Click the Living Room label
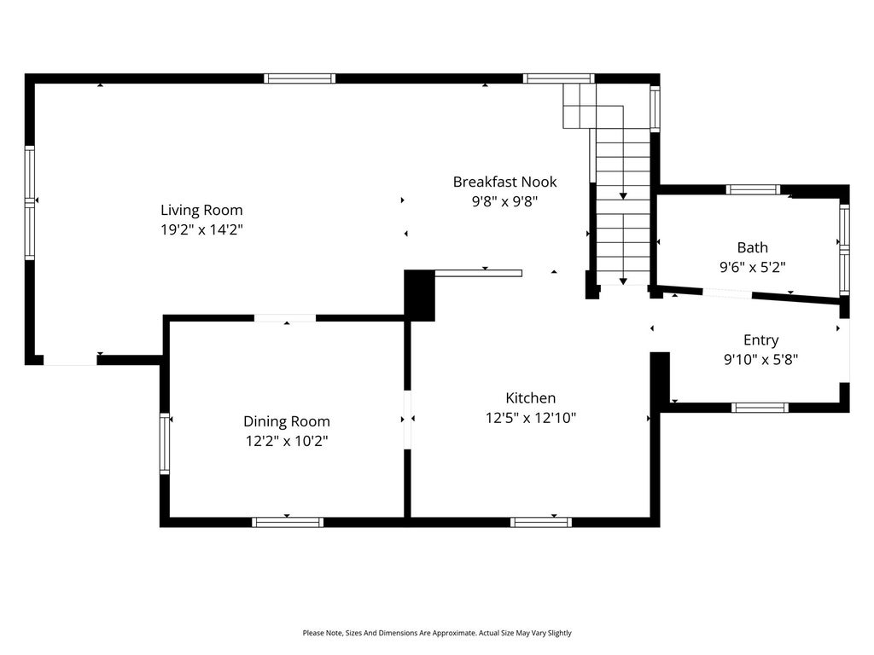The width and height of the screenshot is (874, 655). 201,210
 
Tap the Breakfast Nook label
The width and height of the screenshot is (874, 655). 505,182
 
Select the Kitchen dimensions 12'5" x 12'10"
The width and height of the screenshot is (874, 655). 531,418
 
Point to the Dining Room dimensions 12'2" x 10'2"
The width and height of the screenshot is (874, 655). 287,441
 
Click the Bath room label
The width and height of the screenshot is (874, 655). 753,247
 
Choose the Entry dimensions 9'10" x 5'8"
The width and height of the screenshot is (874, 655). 760,359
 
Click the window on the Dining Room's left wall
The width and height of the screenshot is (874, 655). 165,443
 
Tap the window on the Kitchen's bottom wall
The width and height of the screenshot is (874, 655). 540,523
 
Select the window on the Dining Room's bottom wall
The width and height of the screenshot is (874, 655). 288,523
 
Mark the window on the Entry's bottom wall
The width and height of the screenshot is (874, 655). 760,408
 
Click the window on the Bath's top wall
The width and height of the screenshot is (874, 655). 753,190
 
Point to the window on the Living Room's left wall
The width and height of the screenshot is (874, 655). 30,203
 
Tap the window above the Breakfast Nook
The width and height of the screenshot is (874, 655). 558,78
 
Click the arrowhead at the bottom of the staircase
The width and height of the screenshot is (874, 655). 623,281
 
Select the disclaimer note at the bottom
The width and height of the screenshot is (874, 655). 437,633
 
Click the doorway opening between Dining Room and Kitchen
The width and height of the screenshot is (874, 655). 407,420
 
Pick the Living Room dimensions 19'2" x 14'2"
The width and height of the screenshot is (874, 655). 201,229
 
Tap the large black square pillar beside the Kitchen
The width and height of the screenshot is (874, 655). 419,295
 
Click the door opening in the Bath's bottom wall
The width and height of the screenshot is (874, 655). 727,293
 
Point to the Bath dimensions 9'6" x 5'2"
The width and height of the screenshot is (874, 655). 753,267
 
